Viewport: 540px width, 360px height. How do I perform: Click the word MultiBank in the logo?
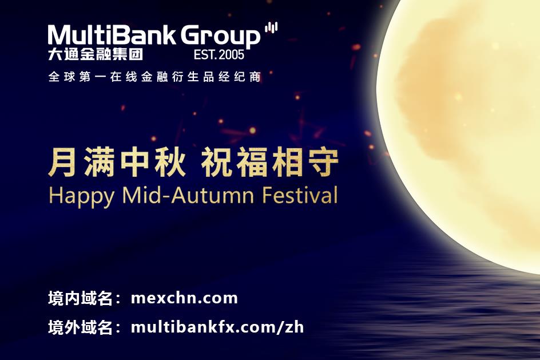[x=112, y=35]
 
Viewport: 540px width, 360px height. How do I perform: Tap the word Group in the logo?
[x=220, y=36]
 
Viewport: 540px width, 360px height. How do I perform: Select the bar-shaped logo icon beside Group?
[x=271, y=27]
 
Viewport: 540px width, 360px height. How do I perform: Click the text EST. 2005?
[x=219, y=54]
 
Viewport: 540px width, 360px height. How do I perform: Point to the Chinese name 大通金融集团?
[x=96, y=54]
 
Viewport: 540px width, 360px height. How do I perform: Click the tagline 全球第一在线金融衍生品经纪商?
[x=154, y=77]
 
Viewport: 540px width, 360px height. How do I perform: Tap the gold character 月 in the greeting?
[x=62, y=161]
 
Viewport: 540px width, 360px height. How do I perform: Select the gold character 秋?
[x=170, y=161]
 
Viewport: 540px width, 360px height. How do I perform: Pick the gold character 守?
[x=323, y=161]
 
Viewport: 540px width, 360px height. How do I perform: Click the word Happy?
[x=81, y=196]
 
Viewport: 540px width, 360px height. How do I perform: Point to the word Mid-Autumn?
[x=188, y=195]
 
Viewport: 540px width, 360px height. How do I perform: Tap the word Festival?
[x=300, y=195]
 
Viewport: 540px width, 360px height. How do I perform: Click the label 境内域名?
[x=80, y=298]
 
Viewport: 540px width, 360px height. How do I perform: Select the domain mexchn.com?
[x=185, y=298]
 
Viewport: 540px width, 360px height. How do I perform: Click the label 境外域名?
[x=80, y=327]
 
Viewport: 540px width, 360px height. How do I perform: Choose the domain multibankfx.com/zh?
[x=217, y=327]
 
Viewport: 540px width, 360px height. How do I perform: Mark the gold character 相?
[x=287, y=161]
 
